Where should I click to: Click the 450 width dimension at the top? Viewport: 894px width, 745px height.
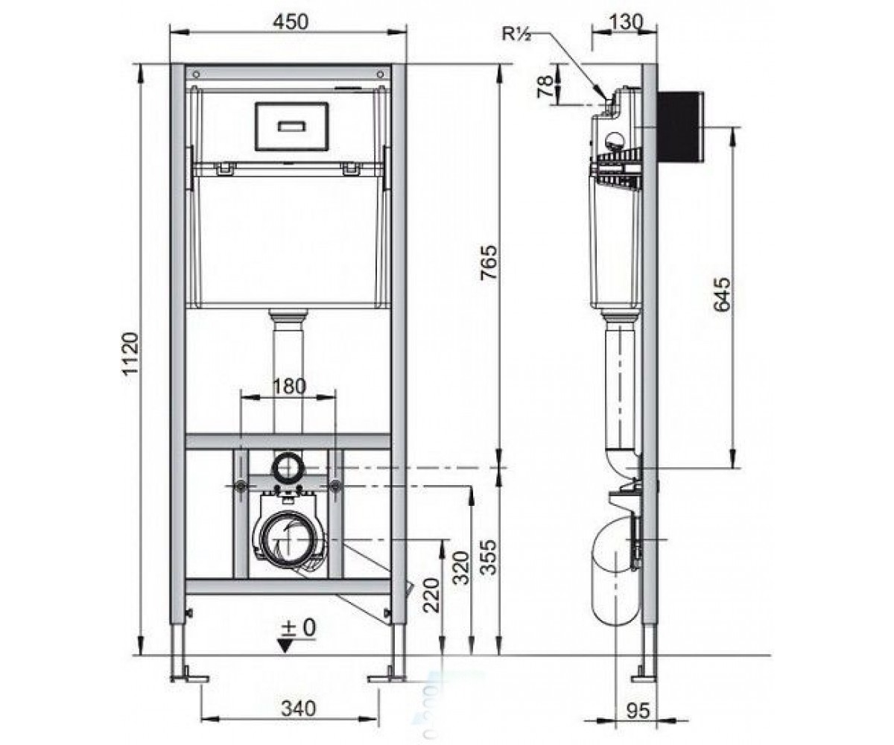click(x=291, y=22)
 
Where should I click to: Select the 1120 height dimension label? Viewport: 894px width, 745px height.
click(x=130, y=353)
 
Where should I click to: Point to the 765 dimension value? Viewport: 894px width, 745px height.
click(x=489, y=262)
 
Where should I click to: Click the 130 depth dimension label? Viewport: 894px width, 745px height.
click(x=625, y=22)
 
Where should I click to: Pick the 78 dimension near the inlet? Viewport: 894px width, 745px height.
click(x=545, y=87)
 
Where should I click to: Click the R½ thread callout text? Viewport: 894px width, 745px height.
click(x=516, y=34)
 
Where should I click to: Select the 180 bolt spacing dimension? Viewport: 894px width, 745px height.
click(x=290, y=386)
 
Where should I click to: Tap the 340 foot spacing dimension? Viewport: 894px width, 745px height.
click(x=299, y=708)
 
